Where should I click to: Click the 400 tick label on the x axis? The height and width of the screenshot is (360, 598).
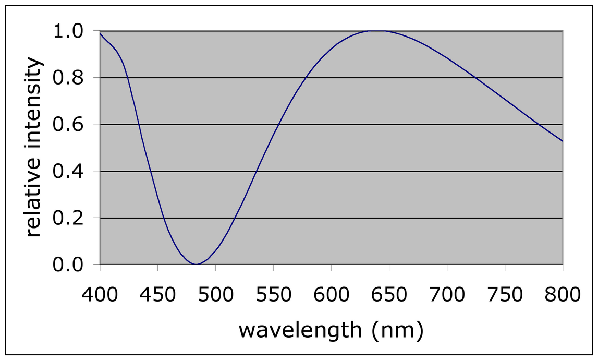pyautogui.click(x=100, y=295)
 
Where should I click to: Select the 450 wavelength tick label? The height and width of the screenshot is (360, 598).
pyautogui.click(x=157, y=295)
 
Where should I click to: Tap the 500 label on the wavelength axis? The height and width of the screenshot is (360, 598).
pyautogui.click(x=215, y=295)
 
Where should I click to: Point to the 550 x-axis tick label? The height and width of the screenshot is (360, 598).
pyautogui.click(x=273, y=295)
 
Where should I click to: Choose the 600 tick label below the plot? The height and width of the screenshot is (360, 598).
pyautogui.click(x=331, y=295)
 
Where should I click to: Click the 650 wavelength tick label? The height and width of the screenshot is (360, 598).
pyautogui.click(x=389, y=295)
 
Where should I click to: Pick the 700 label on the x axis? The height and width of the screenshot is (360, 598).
pyautogui.click(x=447, y=295)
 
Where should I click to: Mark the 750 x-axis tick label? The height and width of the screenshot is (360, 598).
pyautogui.click(x=505, y=295)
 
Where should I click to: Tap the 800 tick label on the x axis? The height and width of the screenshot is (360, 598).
pyautogui.click(x=563, y=295)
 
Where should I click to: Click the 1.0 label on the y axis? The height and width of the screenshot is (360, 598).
pyautogui.click(x=68, y=31)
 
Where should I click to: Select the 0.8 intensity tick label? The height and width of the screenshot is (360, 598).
pyautogui.click(x=68, y=78)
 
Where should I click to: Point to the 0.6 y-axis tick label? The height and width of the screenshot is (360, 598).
pyautogui.click(x=68, y=125)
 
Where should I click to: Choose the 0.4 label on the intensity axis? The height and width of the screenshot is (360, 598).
pyautogui.click(x=68, y=172)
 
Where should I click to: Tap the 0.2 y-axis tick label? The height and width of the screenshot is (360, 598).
pyautogui.click(x=68, y=218)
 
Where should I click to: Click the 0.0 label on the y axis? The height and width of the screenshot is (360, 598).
pyautogui.click(x=68, y=265)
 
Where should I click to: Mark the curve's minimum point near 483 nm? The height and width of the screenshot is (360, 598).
pyautogui.click(x=197, y=264)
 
